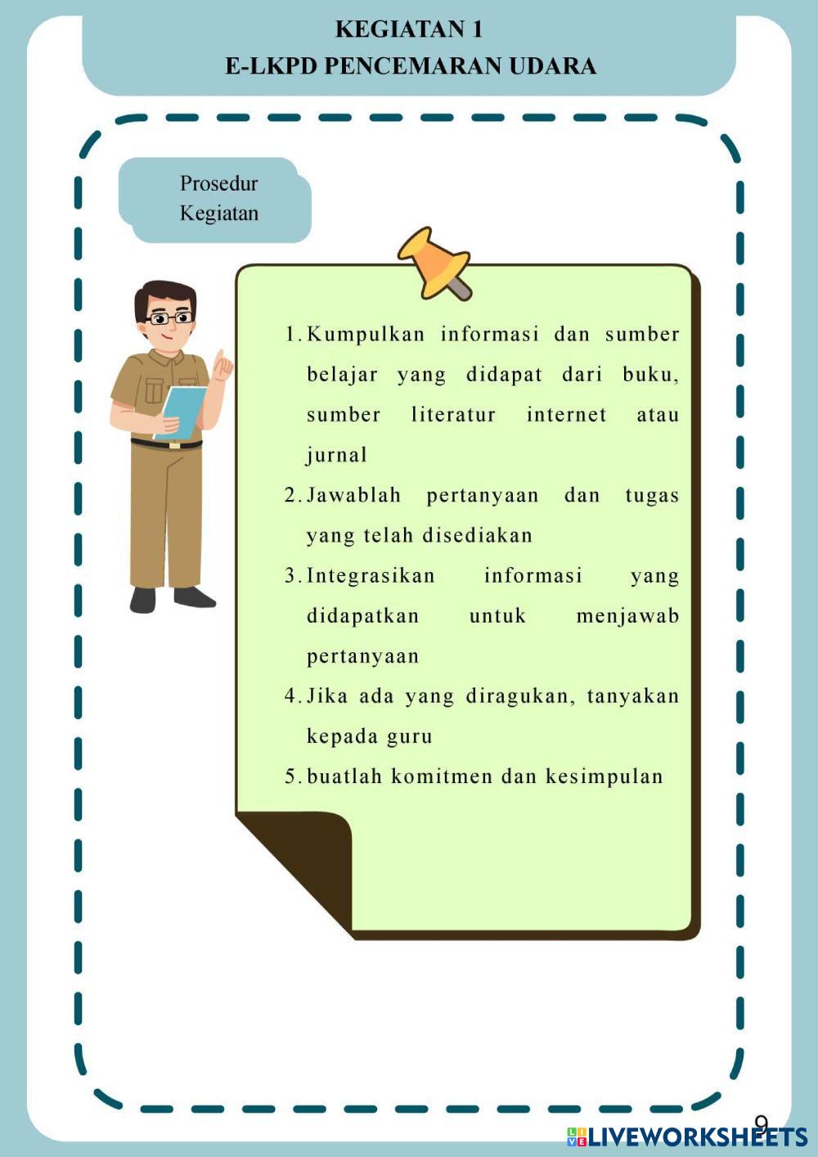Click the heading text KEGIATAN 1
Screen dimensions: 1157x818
coord(409,29)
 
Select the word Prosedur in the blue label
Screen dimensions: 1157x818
coord(218,183)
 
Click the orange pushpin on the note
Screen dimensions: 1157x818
coord(434,260)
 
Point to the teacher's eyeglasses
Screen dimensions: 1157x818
coord(170,317)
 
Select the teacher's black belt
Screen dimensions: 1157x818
coord(167,444)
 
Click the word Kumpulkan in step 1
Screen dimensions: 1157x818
coord(366,335)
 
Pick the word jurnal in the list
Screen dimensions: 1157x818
coord(337,455)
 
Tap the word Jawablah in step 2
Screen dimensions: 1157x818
coord(353,495)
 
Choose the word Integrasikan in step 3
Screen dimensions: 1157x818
coord(371,576)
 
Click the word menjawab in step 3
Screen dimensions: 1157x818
coord(627,616)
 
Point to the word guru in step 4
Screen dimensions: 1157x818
coord(409,736)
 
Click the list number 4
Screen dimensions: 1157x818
coord(290,696)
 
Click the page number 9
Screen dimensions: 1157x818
coord(761,1123)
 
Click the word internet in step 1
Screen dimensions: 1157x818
coord(566,415)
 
